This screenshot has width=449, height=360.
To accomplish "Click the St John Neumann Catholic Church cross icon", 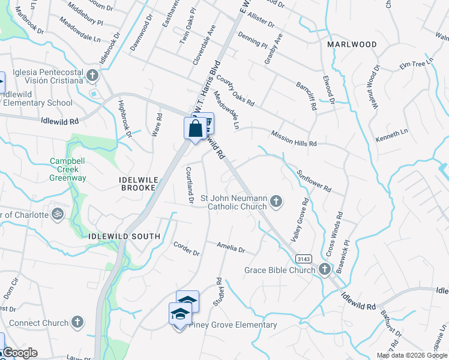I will [x=276, y=201].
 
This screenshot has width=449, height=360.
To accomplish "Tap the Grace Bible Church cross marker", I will [x=325, y=269].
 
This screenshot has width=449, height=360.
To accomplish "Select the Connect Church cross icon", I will [x=77, y=323].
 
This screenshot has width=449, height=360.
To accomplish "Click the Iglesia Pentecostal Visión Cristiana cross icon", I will [x=92, y=76].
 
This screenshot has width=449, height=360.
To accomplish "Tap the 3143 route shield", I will [x=304, y=258].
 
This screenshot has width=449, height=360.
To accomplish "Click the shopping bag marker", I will [x=195, y=128].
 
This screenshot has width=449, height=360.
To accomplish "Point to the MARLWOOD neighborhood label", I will [x=352, y=44].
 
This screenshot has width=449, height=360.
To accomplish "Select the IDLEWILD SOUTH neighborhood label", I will [x=124, y=236].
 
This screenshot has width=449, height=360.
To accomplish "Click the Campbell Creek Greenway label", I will [x=68, y=169].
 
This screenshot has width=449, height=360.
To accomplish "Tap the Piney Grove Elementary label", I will [x=233, y=325].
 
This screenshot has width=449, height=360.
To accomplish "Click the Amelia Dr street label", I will [x=231, y=248].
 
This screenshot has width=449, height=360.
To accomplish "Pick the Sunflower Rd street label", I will [x=315, y=179].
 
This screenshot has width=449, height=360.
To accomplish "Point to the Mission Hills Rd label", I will [x=293, y=139].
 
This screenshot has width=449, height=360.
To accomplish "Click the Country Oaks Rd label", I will [x=236, y=88].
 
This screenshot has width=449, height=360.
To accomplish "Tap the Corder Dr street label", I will [x=185, y=248].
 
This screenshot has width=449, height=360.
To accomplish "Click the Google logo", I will [x=20, y=353].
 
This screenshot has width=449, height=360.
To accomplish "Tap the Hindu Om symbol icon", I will [x=58, y=215].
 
